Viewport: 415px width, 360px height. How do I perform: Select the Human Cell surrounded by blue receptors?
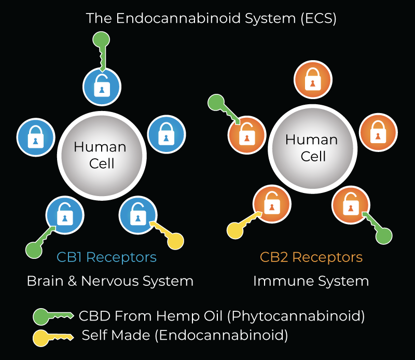click(100, 155)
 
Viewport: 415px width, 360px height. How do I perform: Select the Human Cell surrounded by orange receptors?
click(312, 147)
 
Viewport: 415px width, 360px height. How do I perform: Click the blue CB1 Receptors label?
click(106, 257)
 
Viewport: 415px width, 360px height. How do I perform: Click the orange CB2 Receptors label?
click(311, 257)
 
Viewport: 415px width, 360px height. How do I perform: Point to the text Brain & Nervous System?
click(110, 281)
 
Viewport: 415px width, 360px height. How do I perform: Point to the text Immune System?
click(311, 281)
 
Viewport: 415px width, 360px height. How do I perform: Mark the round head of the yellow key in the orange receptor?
click(236, 229)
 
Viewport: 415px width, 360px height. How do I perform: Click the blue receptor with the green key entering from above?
click(102, 88)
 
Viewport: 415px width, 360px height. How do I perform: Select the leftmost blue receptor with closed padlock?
click(35, 139)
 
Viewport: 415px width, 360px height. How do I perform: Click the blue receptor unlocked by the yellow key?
click(137, 213)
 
